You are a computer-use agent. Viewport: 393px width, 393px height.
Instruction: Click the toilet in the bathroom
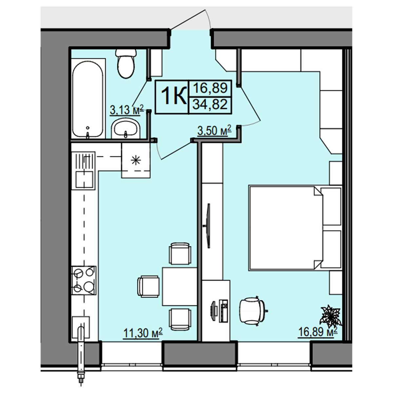click(126, 64)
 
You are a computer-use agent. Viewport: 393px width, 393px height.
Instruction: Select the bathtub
click(88, 99)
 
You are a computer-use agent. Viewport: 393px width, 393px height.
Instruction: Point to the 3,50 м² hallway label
click(214, 130)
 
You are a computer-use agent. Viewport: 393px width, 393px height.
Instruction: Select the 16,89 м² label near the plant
click(318, 332)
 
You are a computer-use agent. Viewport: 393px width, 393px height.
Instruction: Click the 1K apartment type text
click(174, 96)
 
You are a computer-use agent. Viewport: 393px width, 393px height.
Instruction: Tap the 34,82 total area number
click(210, 104)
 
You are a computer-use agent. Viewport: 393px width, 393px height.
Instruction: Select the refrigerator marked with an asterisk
click(136, 160)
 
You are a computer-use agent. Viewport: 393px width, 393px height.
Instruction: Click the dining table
click(179, 287)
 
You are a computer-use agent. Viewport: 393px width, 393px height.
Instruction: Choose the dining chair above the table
click(180, 253)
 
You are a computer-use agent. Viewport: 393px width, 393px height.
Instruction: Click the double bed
click(295, 228)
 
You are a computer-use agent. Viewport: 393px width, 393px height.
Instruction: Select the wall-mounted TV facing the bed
click(208, 226)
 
